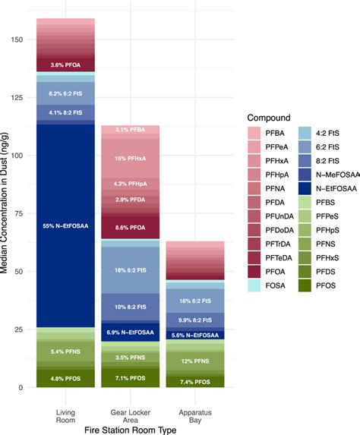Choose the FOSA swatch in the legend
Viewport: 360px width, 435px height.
(x=256, y=285)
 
